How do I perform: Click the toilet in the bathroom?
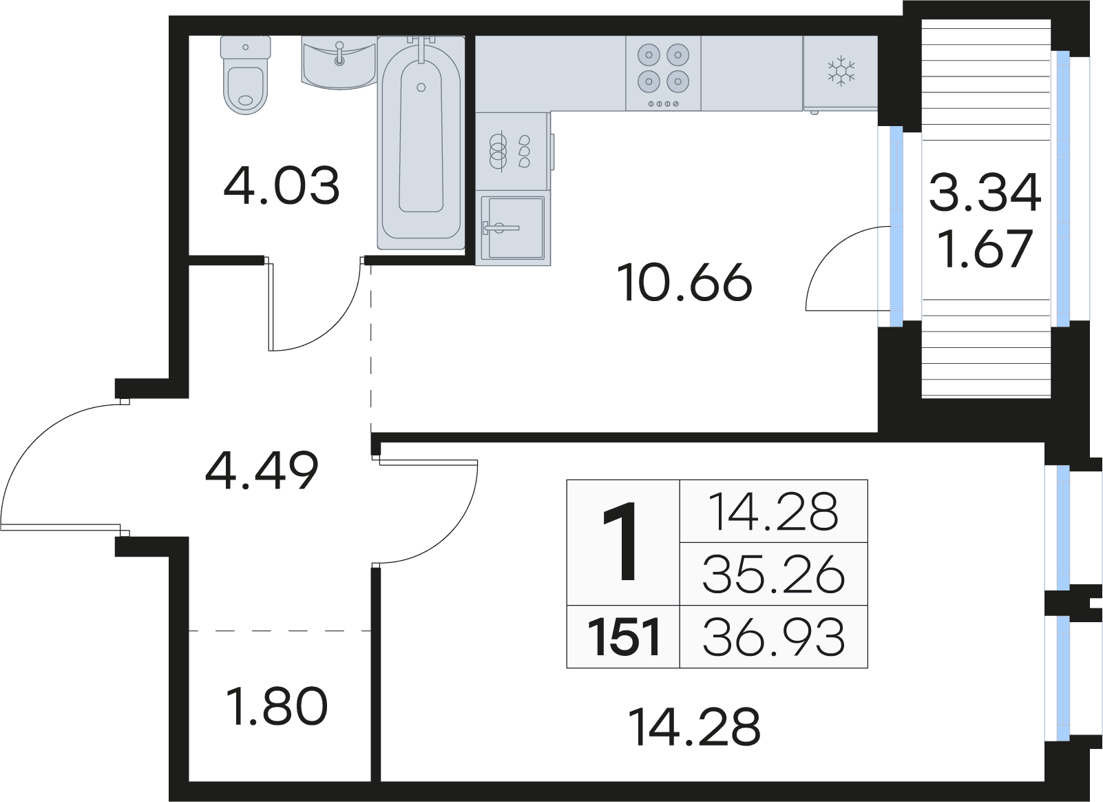coord(245,75)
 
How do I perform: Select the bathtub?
coord(421,143)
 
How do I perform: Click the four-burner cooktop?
coord(663,73)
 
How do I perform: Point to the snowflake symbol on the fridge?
coord(841,72)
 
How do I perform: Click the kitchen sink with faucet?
coord(513,228)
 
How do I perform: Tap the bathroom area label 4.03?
coord(282,186)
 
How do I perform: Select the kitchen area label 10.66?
coord(684,282)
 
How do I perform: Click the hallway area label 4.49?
coord(262,471)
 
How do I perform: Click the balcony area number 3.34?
coord(985,193)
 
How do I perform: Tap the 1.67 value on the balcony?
coord(985,249)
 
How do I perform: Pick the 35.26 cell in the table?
coord(774,575)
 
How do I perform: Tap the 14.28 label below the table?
coord(695,727)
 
